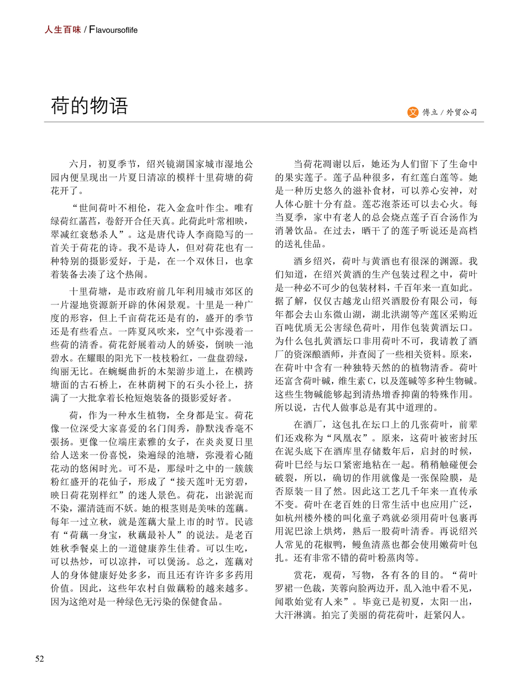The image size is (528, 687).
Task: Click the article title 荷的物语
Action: pos(89,106)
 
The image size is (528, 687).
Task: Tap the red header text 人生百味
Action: pos(62,30)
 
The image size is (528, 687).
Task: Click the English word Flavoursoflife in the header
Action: pos(113,30)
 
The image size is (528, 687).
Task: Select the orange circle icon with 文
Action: pos(413,112)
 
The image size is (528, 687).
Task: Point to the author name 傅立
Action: pos(430,112)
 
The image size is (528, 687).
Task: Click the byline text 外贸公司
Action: pos(461,112)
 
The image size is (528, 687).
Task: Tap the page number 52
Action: pos(40,658)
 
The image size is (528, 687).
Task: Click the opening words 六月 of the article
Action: pos(78,164)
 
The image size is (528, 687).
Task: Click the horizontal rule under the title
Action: pos(264,122)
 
